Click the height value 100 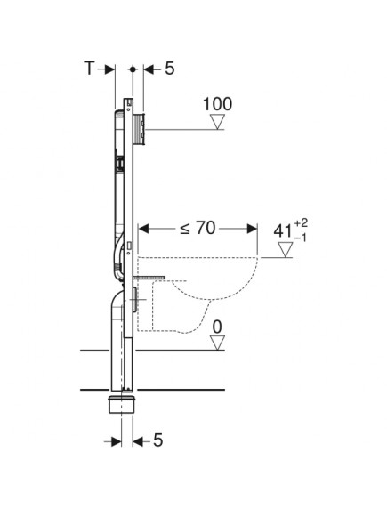coord(217,104)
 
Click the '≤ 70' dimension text coord(198,229)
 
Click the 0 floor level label coord(217,327)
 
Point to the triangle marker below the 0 coord(217,343)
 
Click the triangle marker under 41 coord(285,252)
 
